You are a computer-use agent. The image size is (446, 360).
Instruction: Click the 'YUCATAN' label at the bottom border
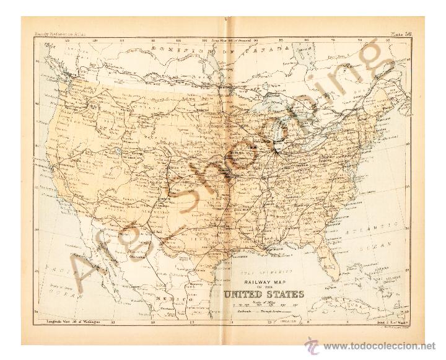point(292,321)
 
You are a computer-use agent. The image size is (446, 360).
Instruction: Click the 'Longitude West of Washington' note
point(68,321)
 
